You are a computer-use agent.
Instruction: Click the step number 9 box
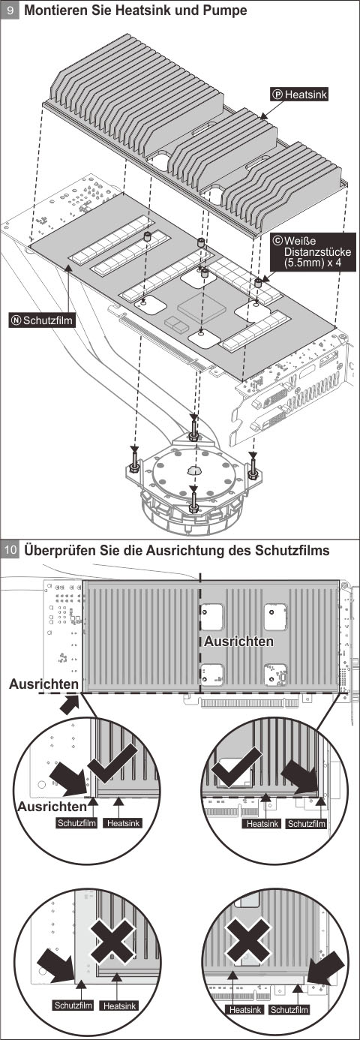click(10, 11)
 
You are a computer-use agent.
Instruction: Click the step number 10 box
click(10, 550)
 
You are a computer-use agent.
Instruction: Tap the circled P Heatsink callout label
click(300, 95)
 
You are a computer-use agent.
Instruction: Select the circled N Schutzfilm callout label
click(42, 320)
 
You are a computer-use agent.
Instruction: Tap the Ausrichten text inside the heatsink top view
click(239, 641)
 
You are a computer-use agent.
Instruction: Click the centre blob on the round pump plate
click(193, 470)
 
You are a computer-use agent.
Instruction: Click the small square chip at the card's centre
click(196, 307)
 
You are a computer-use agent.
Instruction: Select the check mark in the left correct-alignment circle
click(112, 763)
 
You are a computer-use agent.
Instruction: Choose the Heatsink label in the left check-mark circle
click(124, 823)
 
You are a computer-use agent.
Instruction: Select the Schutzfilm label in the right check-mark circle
click(306, 824)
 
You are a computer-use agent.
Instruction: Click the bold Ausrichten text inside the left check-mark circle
click(52, 807)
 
